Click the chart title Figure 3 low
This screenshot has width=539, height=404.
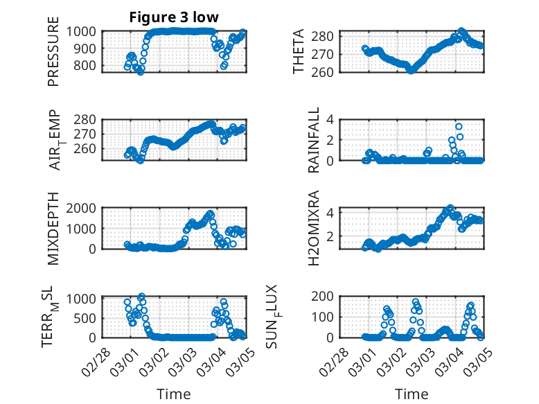point(174,17)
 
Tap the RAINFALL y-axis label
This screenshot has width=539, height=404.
point(313,140)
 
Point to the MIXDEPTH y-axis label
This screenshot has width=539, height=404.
point(53,229)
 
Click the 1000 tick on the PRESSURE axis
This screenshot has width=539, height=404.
point(86,31)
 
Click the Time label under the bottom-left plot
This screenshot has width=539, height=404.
point(173,394)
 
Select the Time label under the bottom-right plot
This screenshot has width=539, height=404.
point(412,394)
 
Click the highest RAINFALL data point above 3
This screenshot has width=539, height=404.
point(459,127)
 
